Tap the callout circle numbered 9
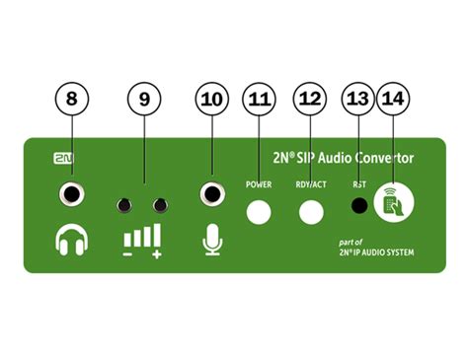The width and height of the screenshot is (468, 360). [144, 100]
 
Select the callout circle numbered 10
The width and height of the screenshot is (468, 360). [210, 100]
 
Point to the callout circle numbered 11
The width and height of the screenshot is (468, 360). [259, 100]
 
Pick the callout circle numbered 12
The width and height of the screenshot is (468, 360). [309, 100]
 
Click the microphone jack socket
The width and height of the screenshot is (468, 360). [211, 193]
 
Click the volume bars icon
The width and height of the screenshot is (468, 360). [141, 237]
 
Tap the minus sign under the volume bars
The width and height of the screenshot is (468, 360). [126, 255]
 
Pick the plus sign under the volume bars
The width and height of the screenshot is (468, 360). [156, 255]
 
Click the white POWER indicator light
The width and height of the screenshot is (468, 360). [260, 210]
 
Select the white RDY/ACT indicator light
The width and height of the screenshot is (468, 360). [312, 210]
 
